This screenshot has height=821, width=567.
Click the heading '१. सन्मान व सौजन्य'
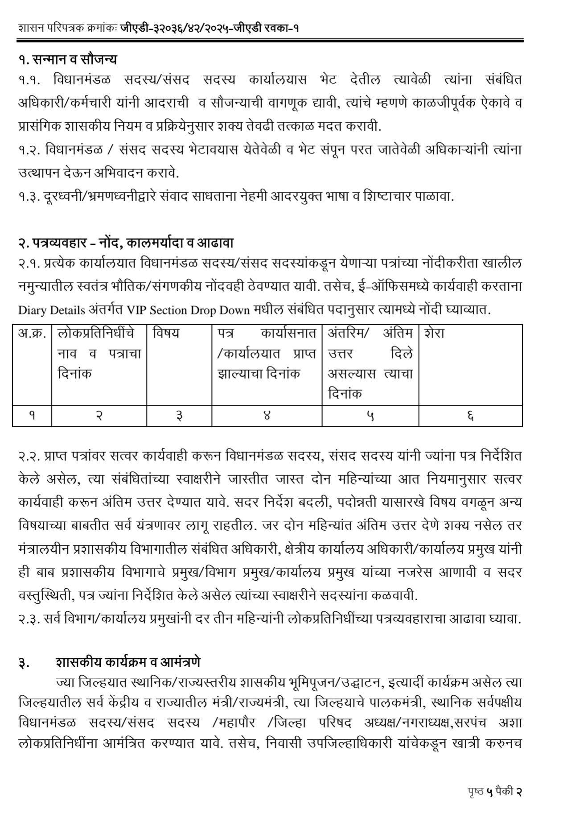click(x=67, y=58)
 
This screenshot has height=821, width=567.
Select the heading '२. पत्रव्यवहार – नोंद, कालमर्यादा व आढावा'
click(x=126, y=243)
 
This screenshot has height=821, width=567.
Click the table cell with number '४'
click(x=267, y=416)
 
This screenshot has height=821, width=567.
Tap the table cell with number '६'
click(x=470, y=416)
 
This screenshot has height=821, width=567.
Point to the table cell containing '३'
click(x=179, y=416)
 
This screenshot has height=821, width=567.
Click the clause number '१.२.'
click(x=29, y=150)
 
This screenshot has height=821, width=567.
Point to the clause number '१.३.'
click(x=29, y=197)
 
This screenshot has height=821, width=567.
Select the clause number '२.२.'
click(x=29, y=456)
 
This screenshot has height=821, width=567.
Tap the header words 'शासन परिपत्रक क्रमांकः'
click(x=67, y=28)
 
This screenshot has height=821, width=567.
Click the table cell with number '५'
click(x=370, y=416)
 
